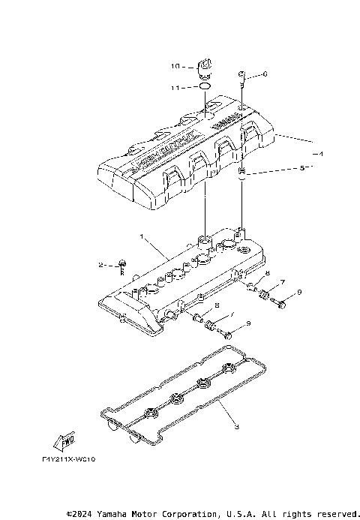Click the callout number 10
pyautogui.click(x=174, y=66)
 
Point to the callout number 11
pyautogui.click(x=174, y=88)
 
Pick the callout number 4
pyautogui.click(x=320, y=154)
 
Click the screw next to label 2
pyautogui.click(x=121, y=264)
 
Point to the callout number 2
pyautogui.click(x=100, y=264)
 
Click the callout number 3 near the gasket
pyautogui.click(x=236, y=427)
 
